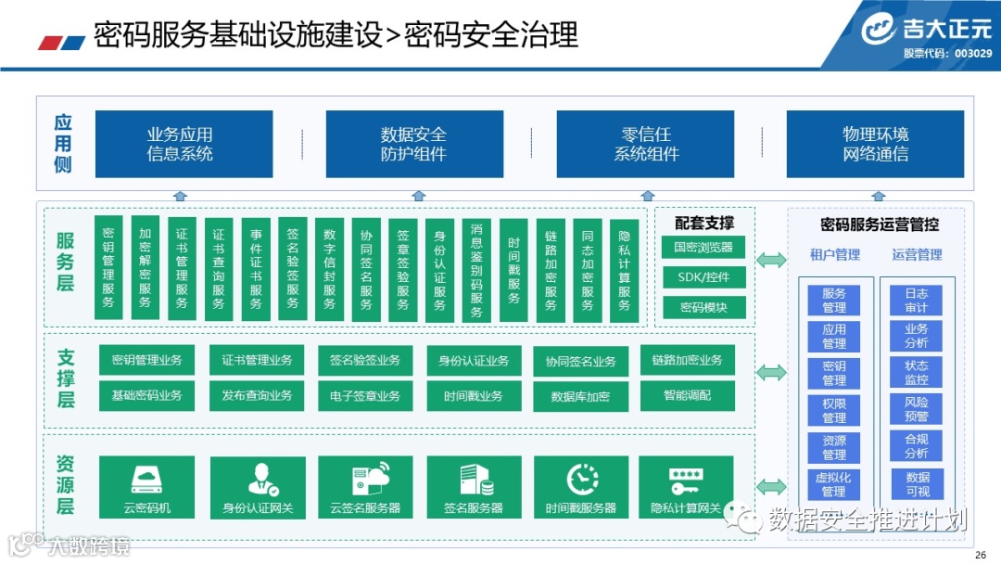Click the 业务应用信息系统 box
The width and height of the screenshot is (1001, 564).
click(x=184, y=144)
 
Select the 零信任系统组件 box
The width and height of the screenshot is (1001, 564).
click(x=646, y=144)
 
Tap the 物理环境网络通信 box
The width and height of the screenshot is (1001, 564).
click(x=875, y=144)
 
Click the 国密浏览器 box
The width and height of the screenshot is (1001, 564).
click(x=703, y=248)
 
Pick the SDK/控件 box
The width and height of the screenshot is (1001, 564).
click(x=703, y=277)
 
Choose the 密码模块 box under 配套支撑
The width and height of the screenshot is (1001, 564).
click(x=703, y=307)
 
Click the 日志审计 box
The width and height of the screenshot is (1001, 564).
click(x=916, y=301)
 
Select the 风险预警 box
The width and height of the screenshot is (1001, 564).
click(x=916, y=410)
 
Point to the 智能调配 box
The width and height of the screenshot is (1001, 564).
click(x=687, y=395)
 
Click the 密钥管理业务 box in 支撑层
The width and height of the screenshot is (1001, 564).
click(x=146, y=360)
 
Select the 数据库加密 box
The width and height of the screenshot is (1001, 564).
click(x=580, y=396)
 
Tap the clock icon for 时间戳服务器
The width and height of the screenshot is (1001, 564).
click(x=580, y=479)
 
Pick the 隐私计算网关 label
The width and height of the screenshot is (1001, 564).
click(x=686, y=508)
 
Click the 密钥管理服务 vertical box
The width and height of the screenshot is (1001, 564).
click(x=108, y=268)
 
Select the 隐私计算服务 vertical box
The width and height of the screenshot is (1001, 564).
click(x=624, y=268)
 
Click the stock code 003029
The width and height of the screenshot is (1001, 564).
click(x=973, y=54)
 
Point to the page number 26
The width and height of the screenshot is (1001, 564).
click(x=981, y=555)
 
